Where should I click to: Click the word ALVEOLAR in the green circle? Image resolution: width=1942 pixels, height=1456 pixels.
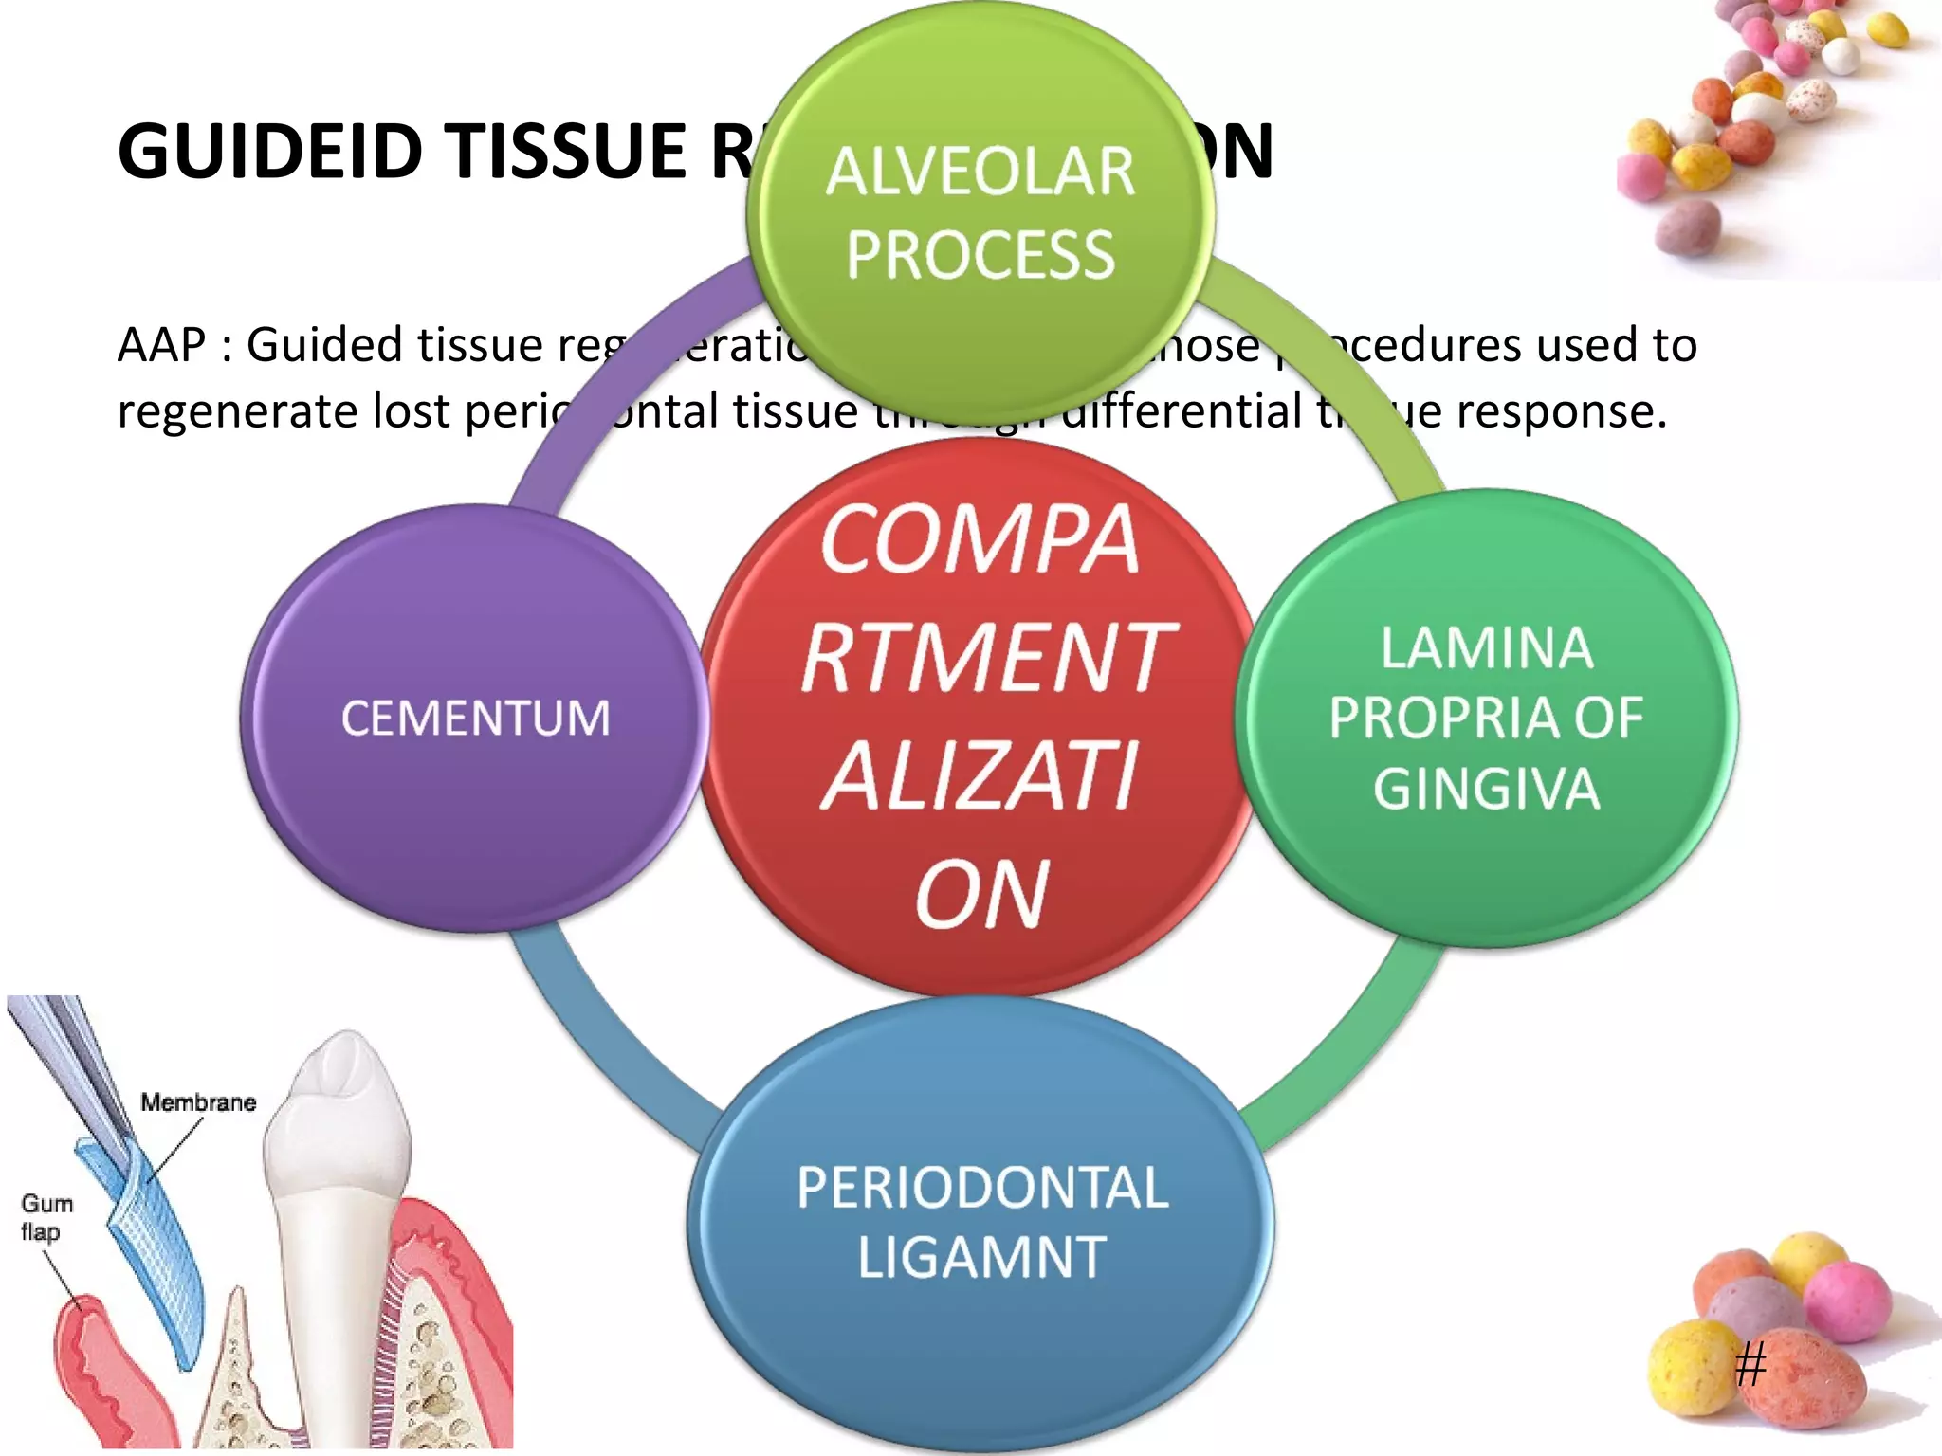[x=980, y=172]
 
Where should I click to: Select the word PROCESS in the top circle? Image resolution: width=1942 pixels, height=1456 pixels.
[x=980, y=255]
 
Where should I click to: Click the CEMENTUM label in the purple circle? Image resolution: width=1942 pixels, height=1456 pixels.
[x=475, y=718]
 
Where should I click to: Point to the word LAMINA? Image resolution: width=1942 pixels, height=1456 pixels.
[x=1486, y=648]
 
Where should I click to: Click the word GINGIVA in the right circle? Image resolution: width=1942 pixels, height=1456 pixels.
[x=1486, y=789]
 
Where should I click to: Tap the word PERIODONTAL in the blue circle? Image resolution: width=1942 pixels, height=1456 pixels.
[x=982, y=1187]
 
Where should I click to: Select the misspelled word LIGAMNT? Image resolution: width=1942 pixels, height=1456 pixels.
[x=982, y=1257]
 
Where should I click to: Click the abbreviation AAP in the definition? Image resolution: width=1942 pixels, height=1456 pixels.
[x=161, y=344]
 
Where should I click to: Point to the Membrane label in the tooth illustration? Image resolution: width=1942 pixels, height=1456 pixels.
[x=198, y=1102]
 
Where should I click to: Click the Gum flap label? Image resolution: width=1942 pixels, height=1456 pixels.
[x=46, y=1217]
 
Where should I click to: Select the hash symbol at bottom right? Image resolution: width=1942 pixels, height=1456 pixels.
[x=1750, y=1365]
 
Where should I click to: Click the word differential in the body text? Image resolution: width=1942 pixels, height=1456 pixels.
[x=1181, y=411]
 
